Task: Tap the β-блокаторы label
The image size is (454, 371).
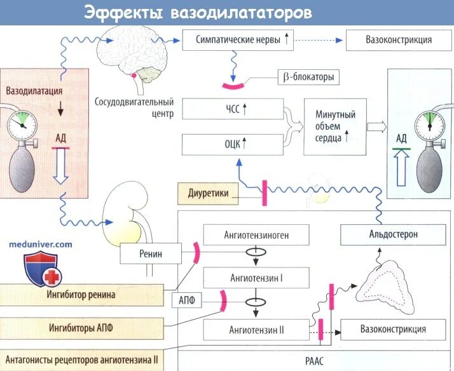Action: point(308,78)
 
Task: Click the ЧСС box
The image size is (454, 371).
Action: point(232,109)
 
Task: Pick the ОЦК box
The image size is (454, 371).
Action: point(232,144)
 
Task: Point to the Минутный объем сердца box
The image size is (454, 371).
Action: point(335,127)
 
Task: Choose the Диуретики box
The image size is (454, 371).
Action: point(208,192)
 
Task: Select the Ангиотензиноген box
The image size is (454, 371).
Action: point(256,234)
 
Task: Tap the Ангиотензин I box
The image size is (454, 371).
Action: point(256,278)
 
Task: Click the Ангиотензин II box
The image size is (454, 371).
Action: point(256,330)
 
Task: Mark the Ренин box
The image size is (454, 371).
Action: point(151,254)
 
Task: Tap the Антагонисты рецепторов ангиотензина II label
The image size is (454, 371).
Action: point(81,360)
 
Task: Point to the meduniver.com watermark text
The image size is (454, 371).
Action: point(41,243)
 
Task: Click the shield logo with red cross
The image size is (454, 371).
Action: point(40,269)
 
